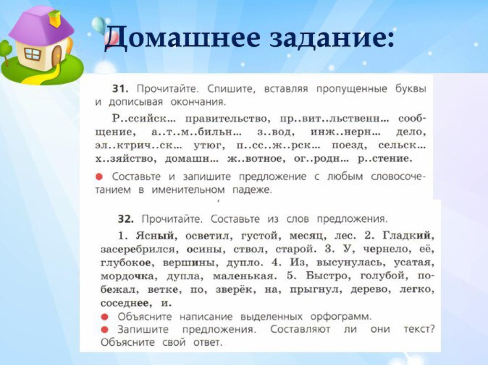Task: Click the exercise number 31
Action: (x=120, y=89)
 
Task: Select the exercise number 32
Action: (x=126, y=219)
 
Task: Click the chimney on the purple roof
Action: (x=54, y=18)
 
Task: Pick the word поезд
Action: (x=349, y=146)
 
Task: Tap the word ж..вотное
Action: (x=256, y=159)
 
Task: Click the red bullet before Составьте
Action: (x=99, y=177)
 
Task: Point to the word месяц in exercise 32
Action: (x=308, y=236)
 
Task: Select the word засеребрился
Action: (x=140, y=250)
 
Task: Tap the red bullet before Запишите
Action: (x=105, y=330)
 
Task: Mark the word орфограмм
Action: (x=341, y=317)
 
